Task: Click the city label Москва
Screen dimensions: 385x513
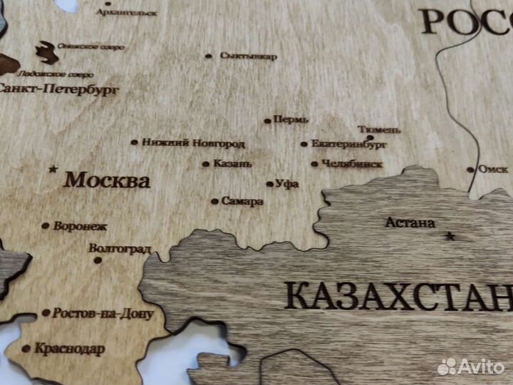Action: (107, 180)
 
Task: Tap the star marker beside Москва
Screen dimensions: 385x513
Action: (53, 170)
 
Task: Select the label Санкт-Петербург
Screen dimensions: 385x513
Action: (58, 91)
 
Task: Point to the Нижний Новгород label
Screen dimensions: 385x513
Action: (193, 143)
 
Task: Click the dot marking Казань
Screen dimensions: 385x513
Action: (206, 164)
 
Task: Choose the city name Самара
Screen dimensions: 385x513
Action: (242, 201)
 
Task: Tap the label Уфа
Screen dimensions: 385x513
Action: (287, 184)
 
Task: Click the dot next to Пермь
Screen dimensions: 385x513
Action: (267, 120)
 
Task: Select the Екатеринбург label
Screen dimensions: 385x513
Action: (349, 144)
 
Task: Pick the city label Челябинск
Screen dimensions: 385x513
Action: (352, 163)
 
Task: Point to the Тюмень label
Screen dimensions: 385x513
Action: (379, 130)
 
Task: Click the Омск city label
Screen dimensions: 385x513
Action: (493, 170)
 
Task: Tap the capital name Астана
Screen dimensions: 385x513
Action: (410, 223)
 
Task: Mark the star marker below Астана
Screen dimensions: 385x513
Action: (449, 235)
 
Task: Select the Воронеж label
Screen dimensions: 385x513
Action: (80, 226)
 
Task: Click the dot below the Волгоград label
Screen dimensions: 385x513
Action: (98, 260)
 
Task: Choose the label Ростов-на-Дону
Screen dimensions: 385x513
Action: (103, 313)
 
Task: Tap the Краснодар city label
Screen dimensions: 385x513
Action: (68, 349)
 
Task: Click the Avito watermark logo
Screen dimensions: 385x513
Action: (471, 366)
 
